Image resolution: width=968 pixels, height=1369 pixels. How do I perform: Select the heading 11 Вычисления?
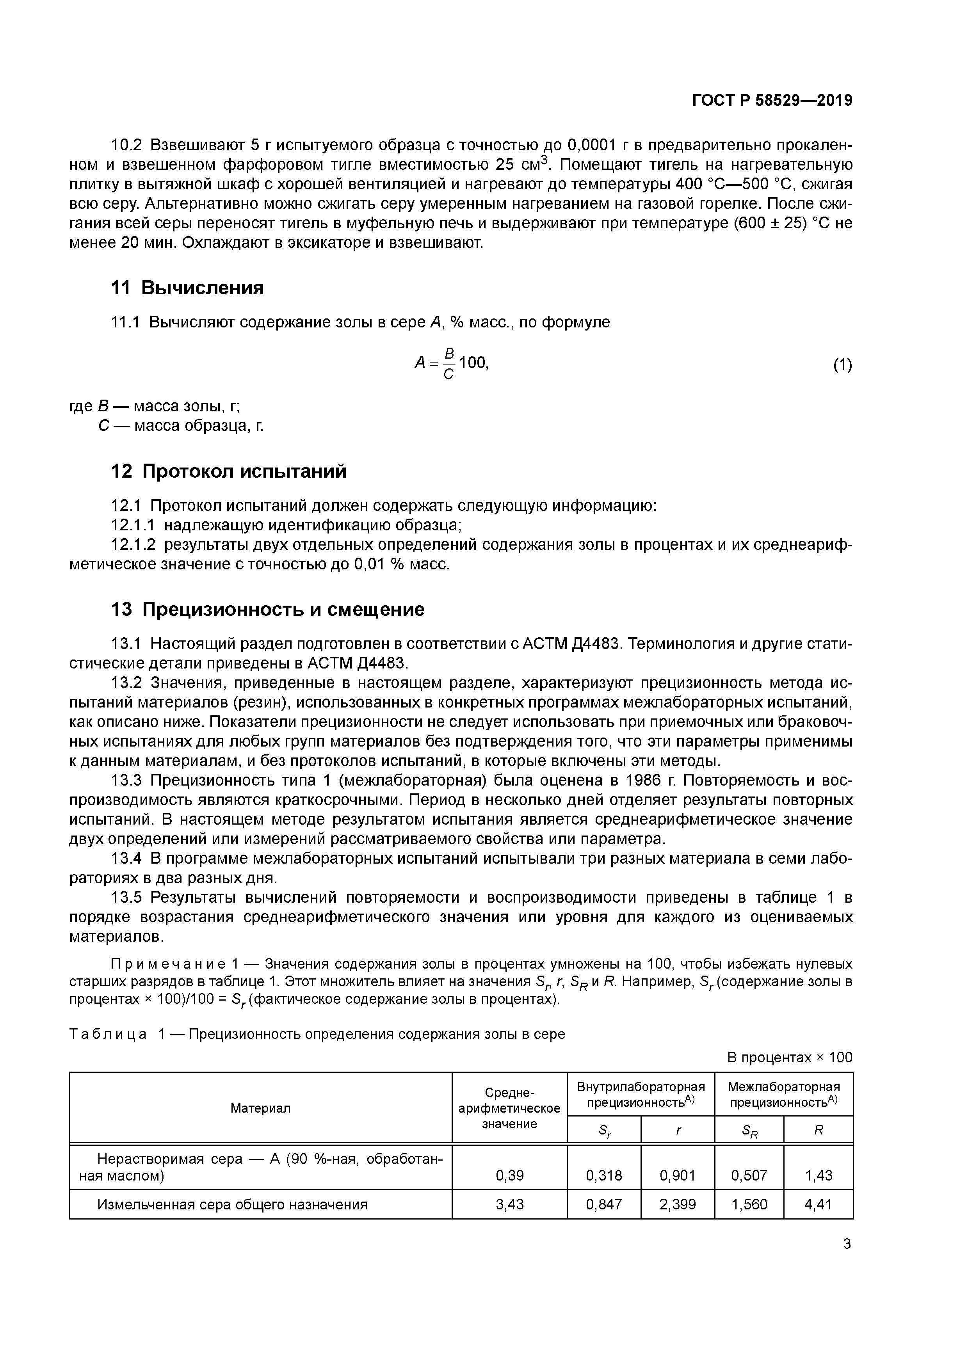(187, 288)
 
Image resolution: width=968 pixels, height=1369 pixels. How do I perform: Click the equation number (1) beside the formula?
(842, 365)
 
